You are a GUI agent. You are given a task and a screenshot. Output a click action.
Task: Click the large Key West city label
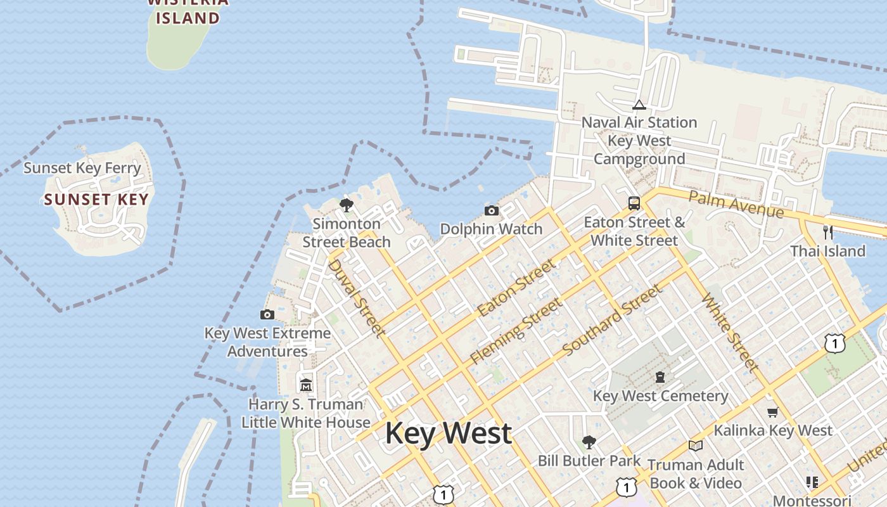(448, 433)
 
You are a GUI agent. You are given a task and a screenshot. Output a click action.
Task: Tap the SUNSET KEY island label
(96, 200)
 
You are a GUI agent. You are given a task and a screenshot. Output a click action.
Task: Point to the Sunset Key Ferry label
(82, 168)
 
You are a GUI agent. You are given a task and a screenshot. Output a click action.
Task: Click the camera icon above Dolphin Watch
(491, 210)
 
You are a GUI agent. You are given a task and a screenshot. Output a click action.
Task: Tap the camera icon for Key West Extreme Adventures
(267, 314)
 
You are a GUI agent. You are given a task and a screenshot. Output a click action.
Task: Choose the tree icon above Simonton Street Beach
(346, 205)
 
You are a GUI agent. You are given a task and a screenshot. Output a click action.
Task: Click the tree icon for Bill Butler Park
(589, 442)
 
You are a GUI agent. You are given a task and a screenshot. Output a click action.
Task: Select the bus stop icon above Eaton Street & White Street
(634, 203)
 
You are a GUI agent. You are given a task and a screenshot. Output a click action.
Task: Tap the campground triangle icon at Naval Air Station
(639, 105)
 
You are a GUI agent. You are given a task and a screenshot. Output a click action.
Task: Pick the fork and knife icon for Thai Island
(827, 232)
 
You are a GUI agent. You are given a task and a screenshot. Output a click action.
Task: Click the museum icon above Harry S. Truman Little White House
(306, 385)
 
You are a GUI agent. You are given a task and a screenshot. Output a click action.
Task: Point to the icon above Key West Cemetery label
(660, 377)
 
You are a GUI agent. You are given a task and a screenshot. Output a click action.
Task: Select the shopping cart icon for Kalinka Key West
(772, 412)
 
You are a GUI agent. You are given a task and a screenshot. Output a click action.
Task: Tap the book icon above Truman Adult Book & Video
(696, 446)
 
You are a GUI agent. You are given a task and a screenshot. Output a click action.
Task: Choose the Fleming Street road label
(516, 331)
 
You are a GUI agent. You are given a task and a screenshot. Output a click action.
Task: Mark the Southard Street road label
(612, 319)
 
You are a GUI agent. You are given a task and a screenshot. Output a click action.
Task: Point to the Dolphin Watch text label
(491, 229)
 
